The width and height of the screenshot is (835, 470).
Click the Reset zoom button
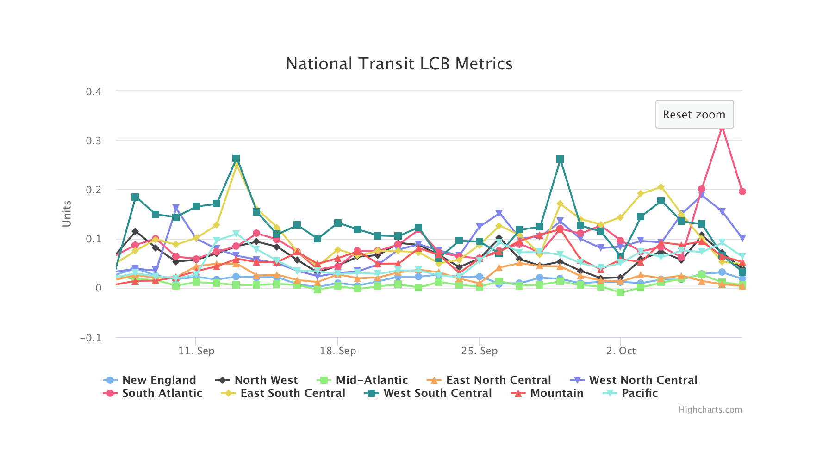[x=694, y=114]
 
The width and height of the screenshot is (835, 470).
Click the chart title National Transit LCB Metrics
[x=399, y=64]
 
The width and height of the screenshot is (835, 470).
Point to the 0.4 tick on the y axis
[x=93, y=92]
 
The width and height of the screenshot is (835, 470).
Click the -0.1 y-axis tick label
[x=91, y=338]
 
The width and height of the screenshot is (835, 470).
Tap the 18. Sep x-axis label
[x=338, y=351]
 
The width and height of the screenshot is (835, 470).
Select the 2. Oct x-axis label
[x=621, y=351]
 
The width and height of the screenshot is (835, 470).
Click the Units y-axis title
[x=67, y=214]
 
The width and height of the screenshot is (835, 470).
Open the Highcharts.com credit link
[x=710, y=410]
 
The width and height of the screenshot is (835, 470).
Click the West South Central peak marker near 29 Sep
[x=560, y=159]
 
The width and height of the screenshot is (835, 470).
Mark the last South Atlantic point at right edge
[x=742, y=192]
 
